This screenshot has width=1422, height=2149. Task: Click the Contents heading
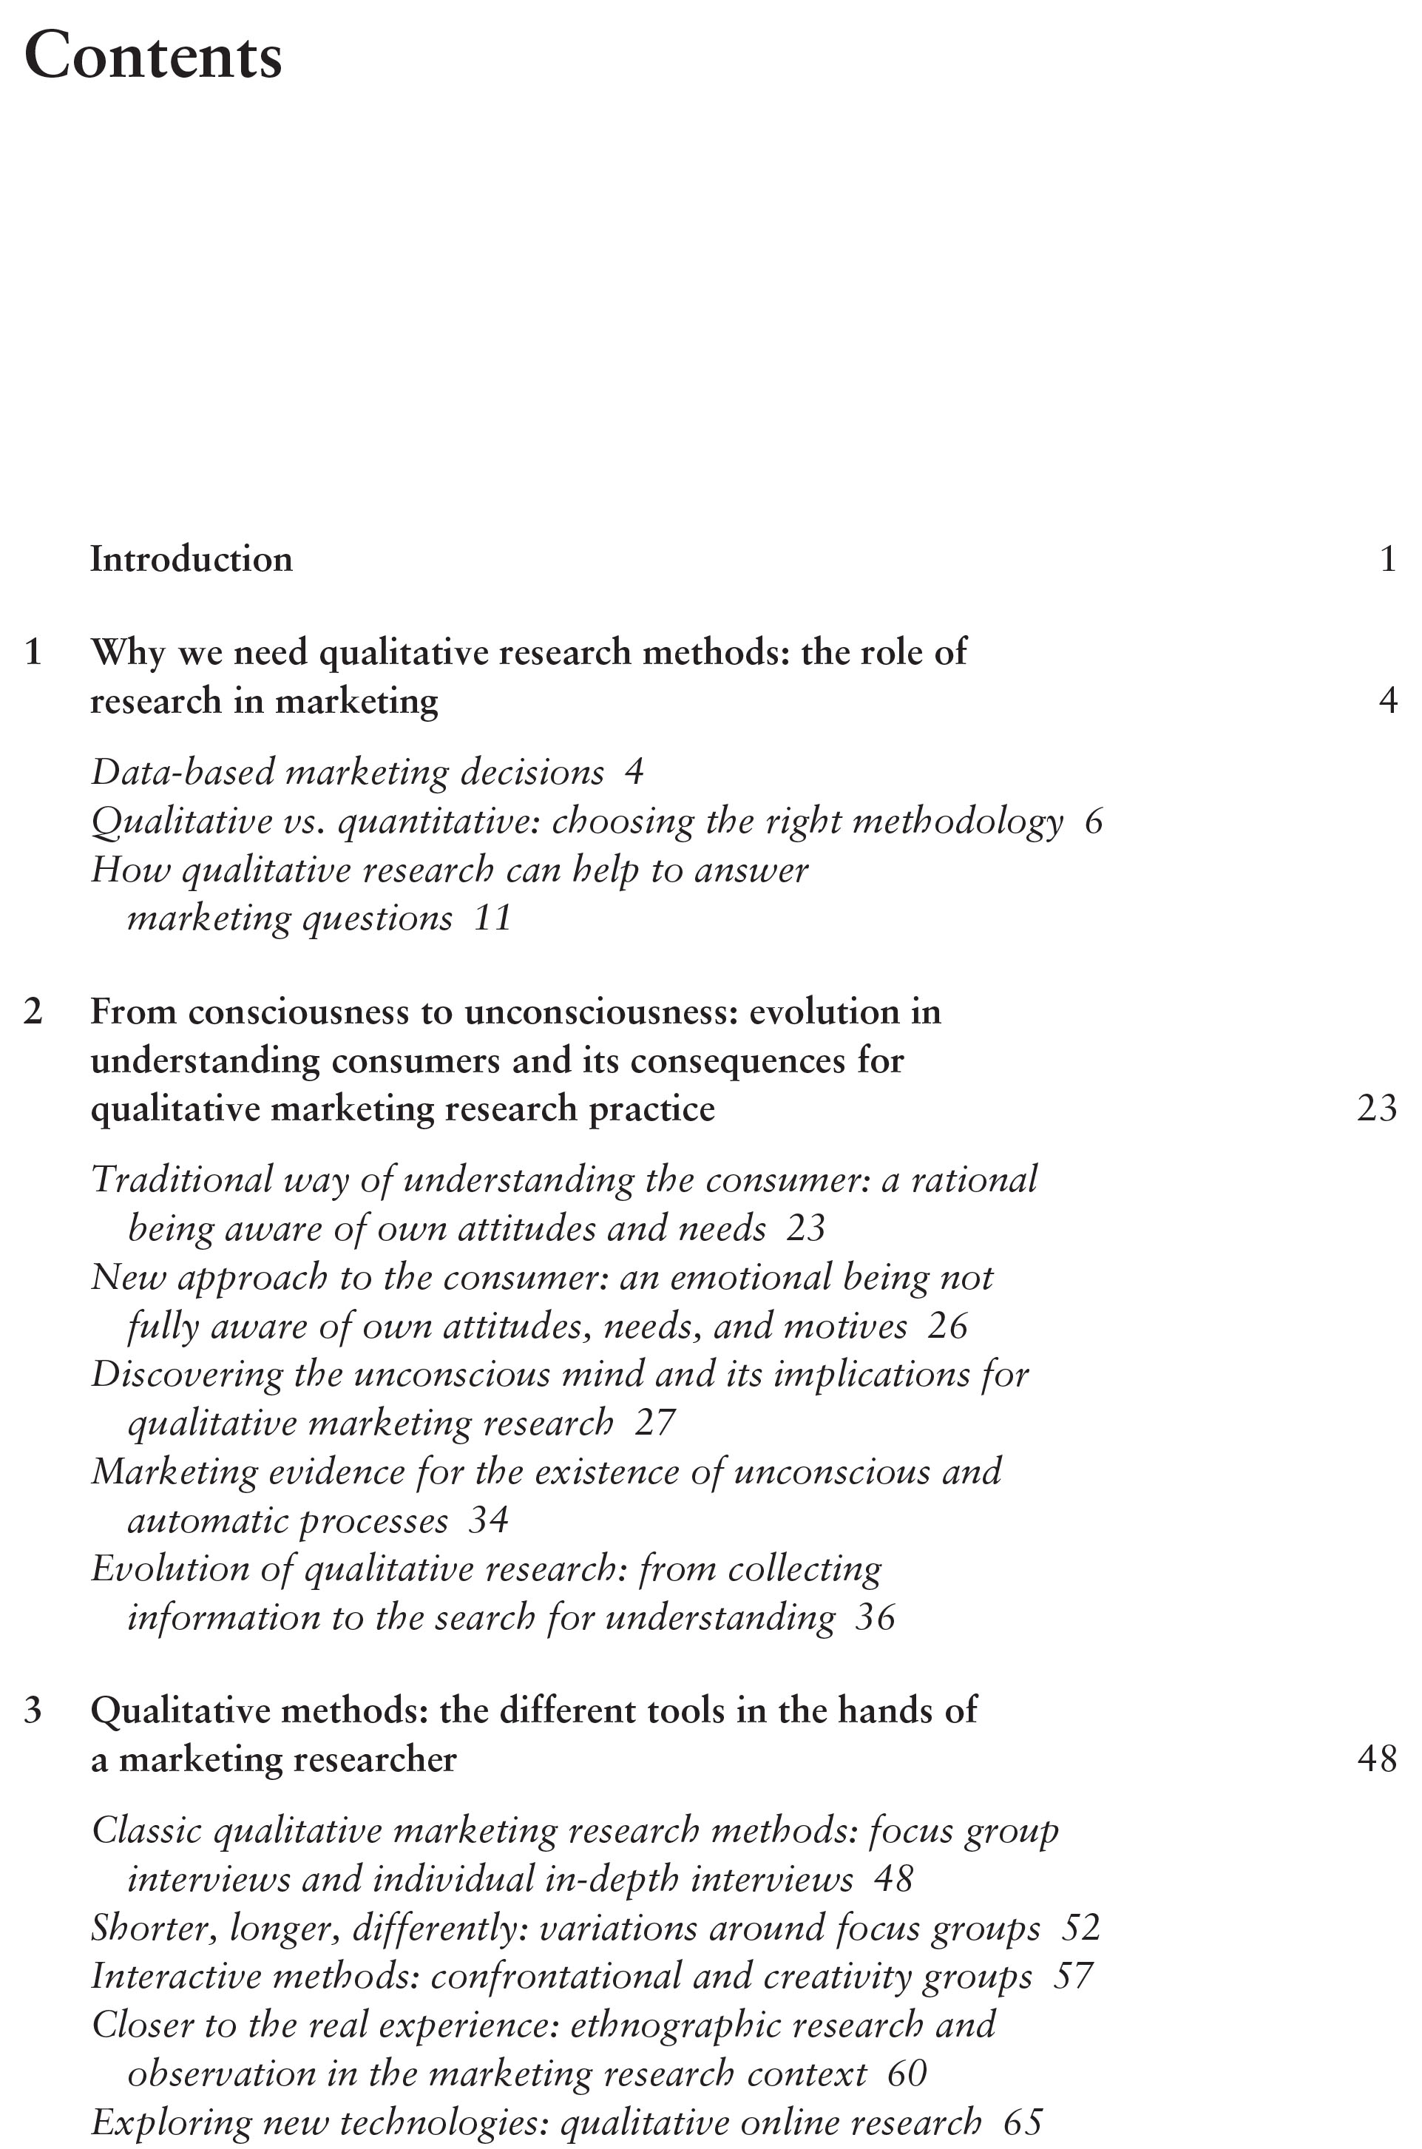(x=153, y=56)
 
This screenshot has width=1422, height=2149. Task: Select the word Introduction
(x=192, y=560)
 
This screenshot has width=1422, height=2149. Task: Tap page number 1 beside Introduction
(x=1387, y=560)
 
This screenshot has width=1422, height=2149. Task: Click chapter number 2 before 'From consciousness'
(x=33, y=1012)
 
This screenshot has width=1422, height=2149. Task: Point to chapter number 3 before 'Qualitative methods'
(x=33, y=1711)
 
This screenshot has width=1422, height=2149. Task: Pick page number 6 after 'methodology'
(x=1093, y=822)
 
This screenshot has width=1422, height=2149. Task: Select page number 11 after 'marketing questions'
(x=493, y=918)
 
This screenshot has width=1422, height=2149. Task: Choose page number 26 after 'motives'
(x=948, y=1327)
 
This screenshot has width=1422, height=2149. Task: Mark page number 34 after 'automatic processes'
(x=488, y=1520)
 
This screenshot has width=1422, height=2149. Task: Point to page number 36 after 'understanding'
(x=875, y=1617)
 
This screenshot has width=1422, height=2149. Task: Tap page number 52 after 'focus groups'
(x=1080, y=1928)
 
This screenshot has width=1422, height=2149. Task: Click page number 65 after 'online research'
(x=1023, y=2122)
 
